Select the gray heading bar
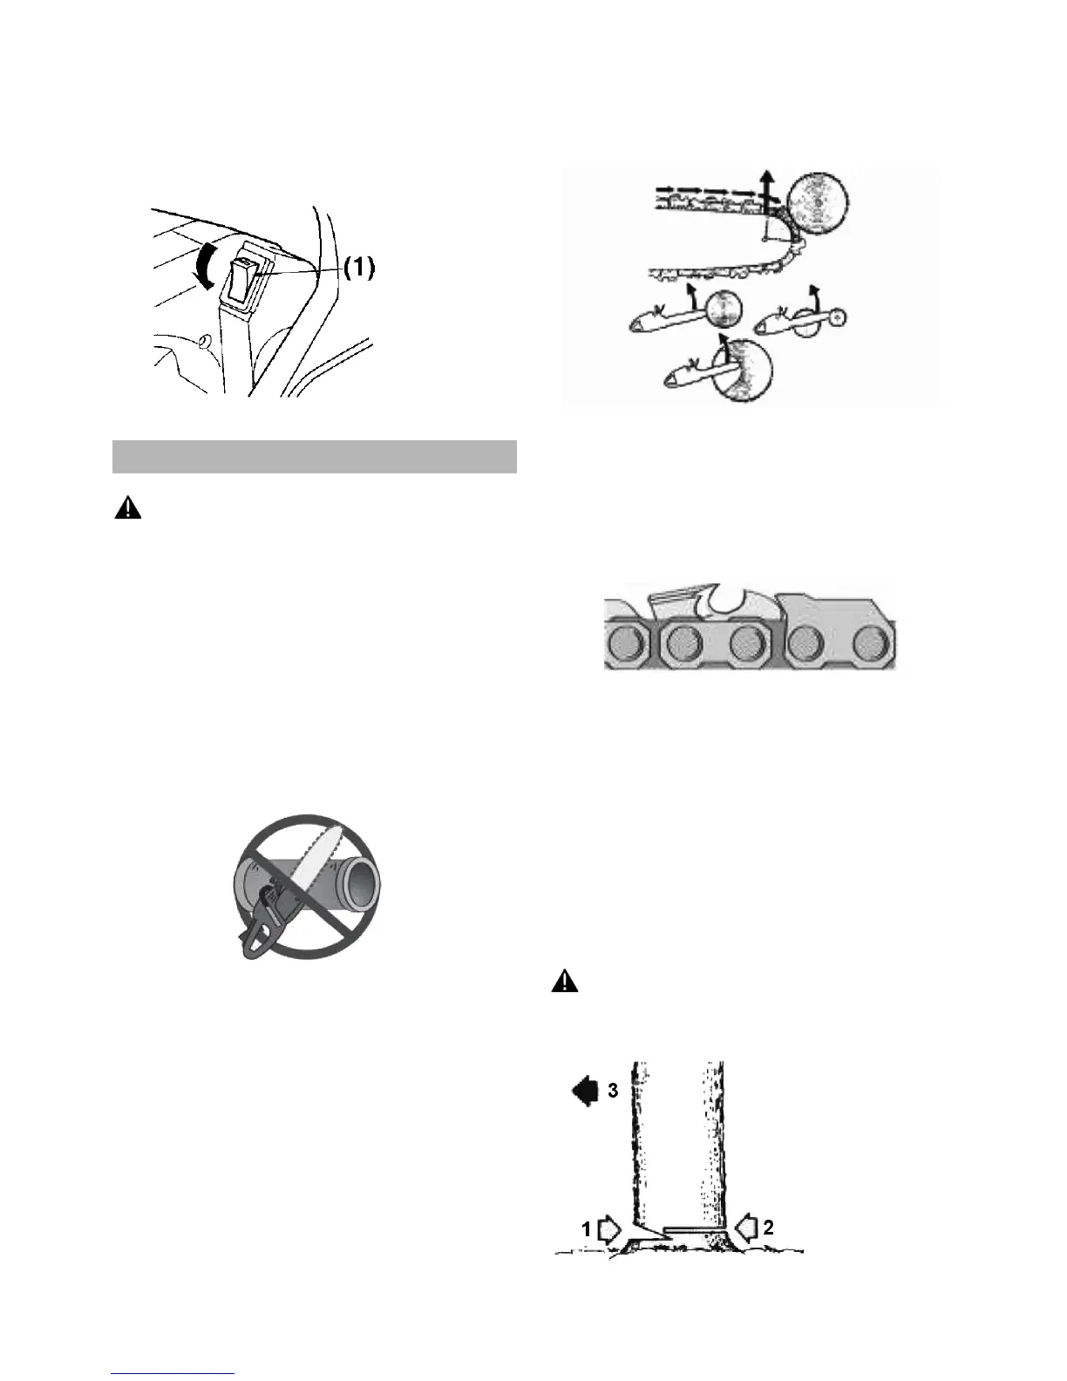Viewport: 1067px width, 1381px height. [315, 456]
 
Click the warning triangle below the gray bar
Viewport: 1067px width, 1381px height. [127, 509]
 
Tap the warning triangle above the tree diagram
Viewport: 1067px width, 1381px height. [565, 982]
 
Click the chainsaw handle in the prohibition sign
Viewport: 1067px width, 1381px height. [262, 933]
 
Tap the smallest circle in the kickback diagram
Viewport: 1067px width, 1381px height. [837, 319]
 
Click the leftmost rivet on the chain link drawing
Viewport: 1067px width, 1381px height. [626, 643]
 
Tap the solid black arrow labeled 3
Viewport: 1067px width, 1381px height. [582, 1091]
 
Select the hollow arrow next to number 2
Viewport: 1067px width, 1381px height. [747, 1228]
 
